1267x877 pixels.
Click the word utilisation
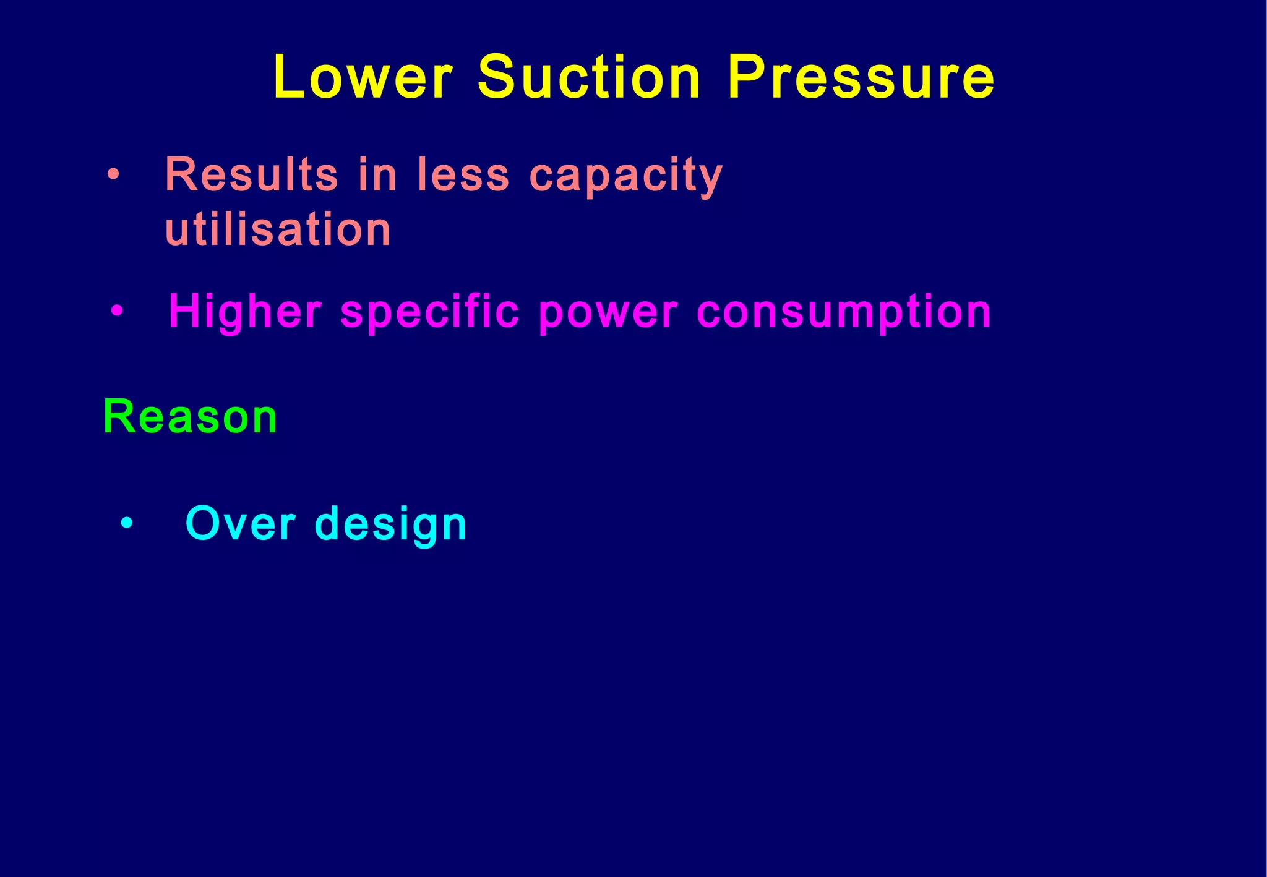point(278,229)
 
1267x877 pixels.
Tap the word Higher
point(245,312)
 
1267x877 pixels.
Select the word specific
point(429,313)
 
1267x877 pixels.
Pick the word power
point(608,313)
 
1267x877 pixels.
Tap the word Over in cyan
point(241,524)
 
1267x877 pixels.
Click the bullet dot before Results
point(112,175)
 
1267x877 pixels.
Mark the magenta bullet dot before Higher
point(117,310)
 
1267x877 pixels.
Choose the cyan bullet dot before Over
point(127,523)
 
